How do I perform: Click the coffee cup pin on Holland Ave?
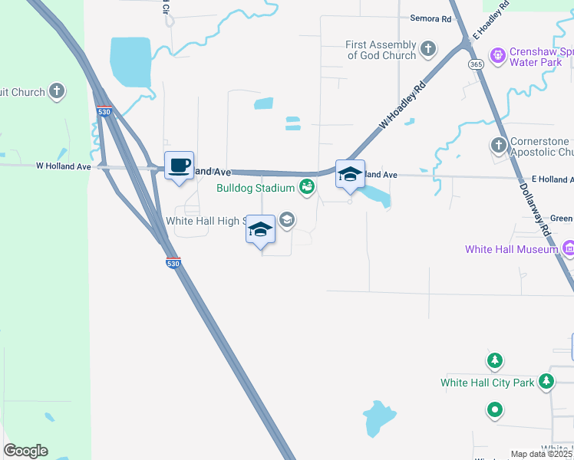coord(179,166)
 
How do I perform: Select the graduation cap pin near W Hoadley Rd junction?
coord(350,176)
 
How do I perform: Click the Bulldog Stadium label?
coord(256,188)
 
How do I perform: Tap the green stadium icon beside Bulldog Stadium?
coord(307,186)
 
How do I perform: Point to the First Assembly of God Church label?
coord(381,51)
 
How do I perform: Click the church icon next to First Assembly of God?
coord(429,51)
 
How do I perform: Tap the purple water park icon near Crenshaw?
coord(498,55)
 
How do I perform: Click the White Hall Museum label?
coord(511,249)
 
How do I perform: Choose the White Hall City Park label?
coord(487,383)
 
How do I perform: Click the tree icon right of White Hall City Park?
coord(546,380)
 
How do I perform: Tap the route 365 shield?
coord(477,64)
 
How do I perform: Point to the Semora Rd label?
coord(430,18)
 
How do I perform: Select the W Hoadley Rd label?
coord(401,108)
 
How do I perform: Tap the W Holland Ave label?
coord(64,166)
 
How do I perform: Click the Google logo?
coord(25,451)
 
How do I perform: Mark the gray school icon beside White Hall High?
coord(287,221)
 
